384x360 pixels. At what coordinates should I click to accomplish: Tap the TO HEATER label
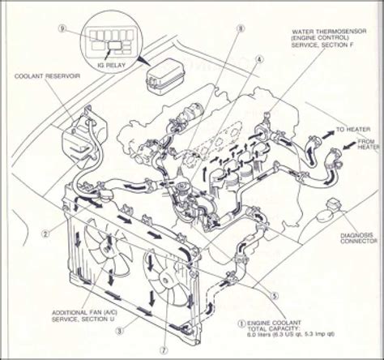[x=349, y=129]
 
